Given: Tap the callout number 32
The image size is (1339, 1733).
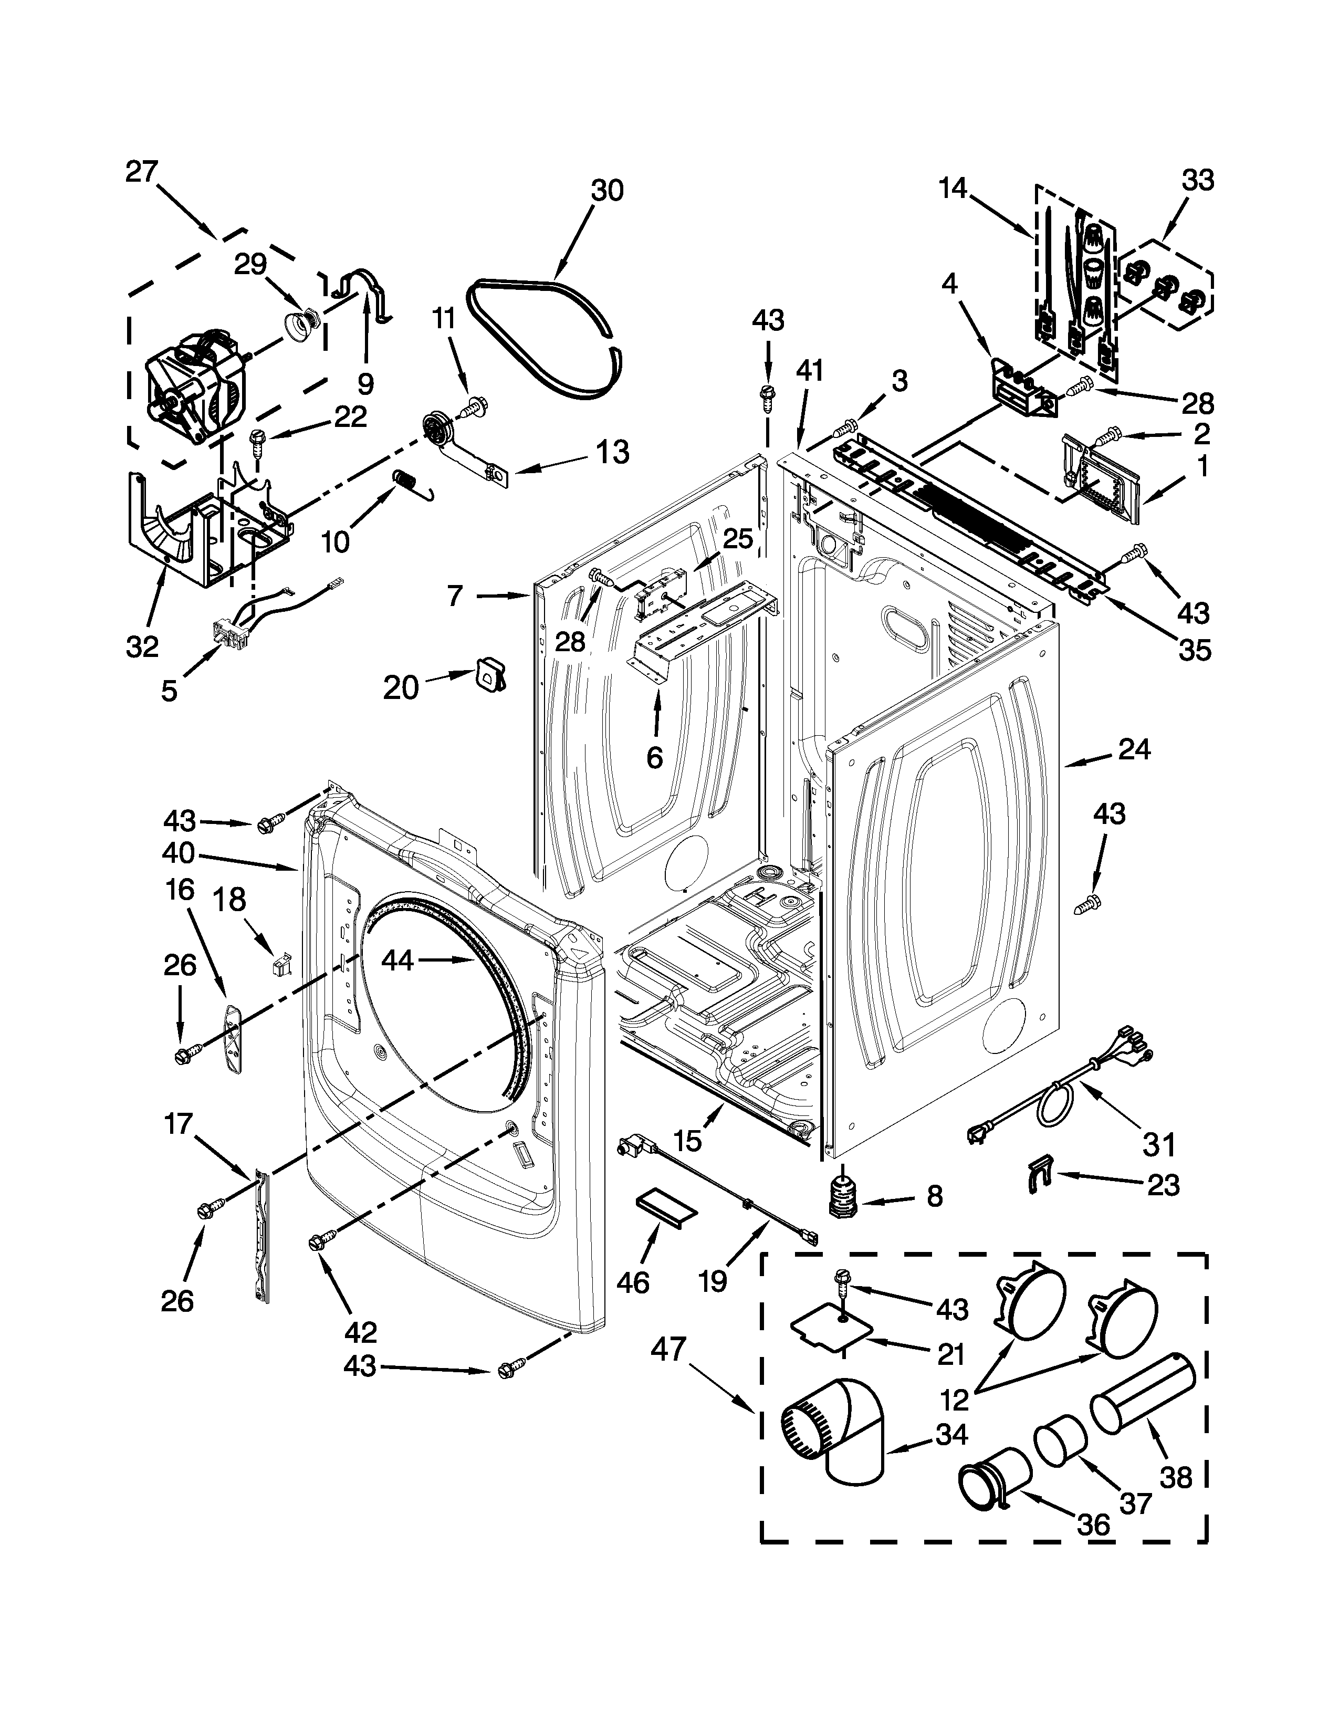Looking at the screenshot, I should (142, 646).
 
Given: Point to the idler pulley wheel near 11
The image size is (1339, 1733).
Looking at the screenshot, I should (435, 429).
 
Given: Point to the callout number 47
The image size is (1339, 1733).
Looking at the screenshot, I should (668, 1350).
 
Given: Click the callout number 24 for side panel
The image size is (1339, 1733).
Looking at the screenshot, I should (1134, 748).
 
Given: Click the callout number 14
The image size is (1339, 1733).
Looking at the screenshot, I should (954, 189).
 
